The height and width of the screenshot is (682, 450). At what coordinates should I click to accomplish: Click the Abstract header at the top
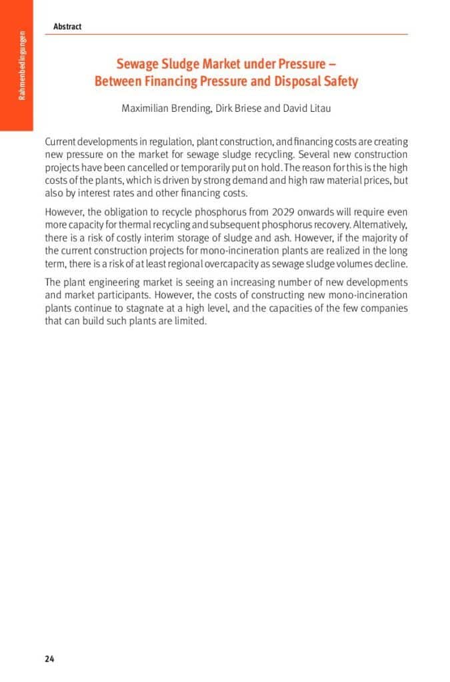point(67,27)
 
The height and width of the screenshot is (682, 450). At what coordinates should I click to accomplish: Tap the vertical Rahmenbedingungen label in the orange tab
point(21,65)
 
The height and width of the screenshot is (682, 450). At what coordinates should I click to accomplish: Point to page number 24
point(49,659)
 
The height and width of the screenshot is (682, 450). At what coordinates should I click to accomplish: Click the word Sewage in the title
point(137,64)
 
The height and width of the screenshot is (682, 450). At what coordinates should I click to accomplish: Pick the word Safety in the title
point(342,81)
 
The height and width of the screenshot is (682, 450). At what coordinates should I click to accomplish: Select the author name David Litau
point(307,109)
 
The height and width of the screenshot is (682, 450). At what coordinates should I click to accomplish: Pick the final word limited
point(190,321)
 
